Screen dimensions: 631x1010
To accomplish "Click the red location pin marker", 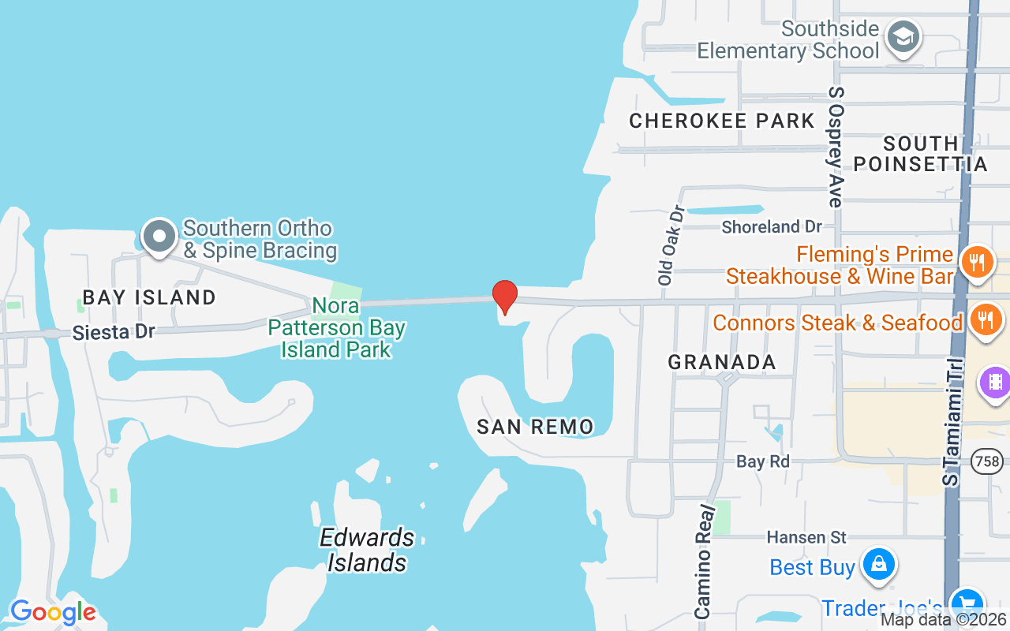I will (x=504, y=297).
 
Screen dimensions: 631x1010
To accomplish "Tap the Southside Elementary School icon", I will (x=903, y=37).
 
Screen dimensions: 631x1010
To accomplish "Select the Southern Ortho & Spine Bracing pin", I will (x=159, y=236).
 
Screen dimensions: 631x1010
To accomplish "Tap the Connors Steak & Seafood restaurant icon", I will (x=986, y=319).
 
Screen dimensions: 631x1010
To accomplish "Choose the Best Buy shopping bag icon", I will (x=877, y=564).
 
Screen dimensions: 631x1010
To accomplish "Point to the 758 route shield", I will (x=987, y=461).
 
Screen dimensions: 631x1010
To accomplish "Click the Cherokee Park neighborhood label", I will (x=721, y=121).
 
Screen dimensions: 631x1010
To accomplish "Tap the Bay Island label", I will (x=149, y=297).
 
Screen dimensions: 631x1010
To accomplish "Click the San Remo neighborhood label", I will (x=535, y=427).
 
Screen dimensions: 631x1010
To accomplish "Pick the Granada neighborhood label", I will (x=721, y=362).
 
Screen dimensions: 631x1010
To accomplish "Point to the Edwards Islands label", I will (x=367, y=550).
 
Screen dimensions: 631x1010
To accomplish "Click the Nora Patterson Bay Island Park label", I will (x=337, y=327).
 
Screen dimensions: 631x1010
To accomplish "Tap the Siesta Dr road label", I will (x=114, y=332).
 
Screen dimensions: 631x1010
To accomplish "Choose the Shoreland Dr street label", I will (x=772, y=227).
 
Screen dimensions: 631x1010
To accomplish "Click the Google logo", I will (x=53, y=612).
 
